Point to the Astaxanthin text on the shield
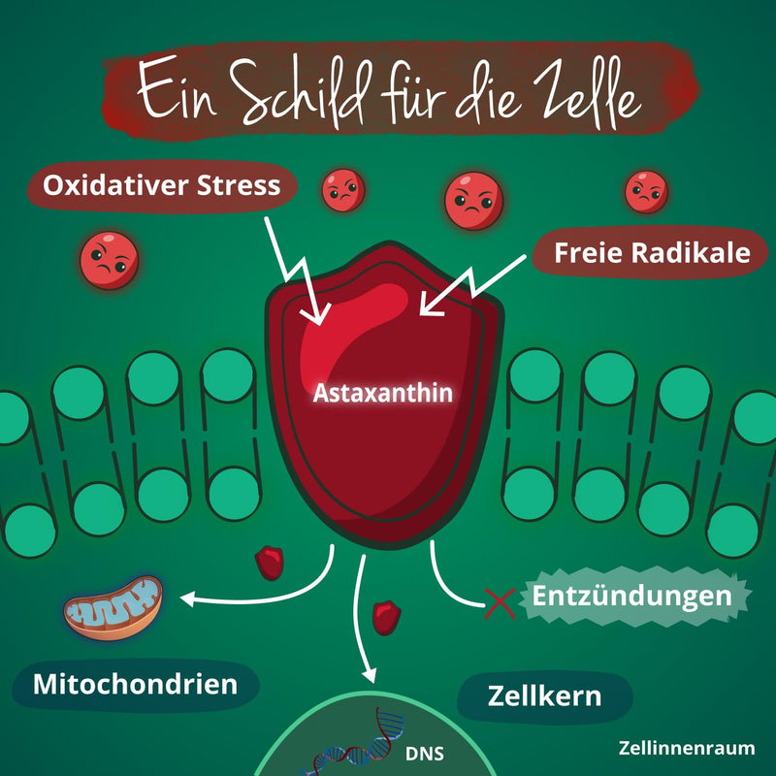383,394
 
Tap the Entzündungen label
630,595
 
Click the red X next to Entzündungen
499,604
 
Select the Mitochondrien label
135,684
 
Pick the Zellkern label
544,696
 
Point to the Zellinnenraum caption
685,750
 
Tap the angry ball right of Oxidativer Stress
342,189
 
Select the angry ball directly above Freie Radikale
645,190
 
